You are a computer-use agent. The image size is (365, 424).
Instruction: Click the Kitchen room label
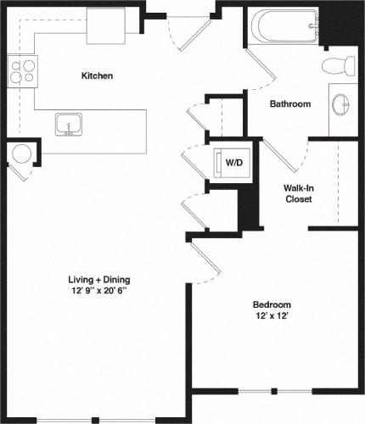pyautogui.click(x=97, y=75)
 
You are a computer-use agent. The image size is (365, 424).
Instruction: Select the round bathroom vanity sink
pyautogui.click(x=341, y=104)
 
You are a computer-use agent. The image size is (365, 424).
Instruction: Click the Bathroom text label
pyautogui.click(x=289, y=104)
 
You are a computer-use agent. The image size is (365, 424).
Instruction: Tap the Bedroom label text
pyautogui.click(x=272, y=304)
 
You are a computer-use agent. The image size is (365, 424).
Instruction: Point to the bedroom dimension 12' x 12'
pyautogui.click(x=272, y=317)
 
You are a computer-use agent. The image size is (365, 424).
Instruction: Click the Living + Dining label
pyautogui.click(x=99, y=279)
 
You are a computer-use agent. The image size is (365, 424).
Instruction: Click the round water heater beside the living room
pyautogui.click(x=20, y=154)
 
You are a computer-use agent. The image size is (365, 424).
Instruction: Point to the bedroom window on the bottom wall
pyautogui.click(x=273, y=391)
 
